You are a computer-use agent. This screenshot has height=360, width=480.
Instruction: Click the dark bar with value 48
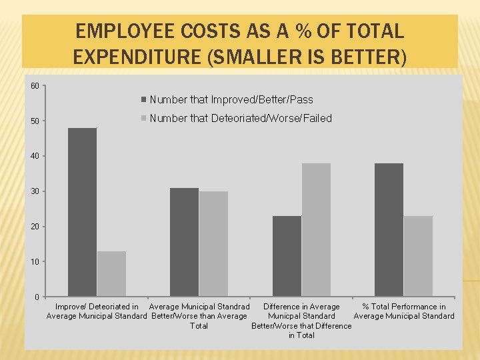(82, 212)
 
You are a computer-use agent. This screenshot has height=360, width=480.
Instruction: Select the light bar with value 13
(111, 274)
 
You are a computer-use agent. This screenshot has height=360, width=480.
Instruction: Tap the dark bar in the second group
(184, 242)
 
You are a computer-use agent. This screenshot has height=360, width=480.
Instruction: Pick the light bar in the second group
(213, 244)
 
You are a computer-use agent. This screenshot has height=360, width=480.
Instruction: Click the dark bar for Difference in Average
(287, 256)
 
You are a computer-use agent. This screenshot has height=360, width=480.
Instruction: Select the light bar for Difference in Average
(316, 230)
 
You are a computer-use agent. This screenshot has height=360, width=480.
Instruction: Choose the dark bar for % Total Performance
(389, 230)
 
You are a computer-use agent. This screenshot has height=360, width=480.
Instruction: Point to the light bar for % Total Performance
(418, 256)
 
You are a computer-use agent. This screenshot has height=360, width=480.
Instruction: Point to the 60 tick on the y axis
(35, 85)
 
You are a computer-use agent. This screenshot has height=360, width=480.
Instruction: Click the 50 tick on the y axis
(35, 121)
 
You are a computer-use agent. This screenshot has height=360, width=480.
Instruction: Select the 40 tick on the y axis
(35, 156)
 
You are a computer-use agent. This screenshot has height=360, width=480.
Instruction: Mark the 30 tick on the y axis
(35, 191)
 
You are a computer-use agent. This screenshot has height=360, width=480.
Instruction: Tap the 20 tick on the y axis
(35, 227)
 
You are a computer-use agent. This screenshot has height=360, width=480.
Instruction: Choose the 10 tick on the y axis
(35, 261)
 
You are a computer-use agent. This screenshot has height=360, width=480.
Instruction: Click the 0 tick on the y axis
(37, 297)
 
